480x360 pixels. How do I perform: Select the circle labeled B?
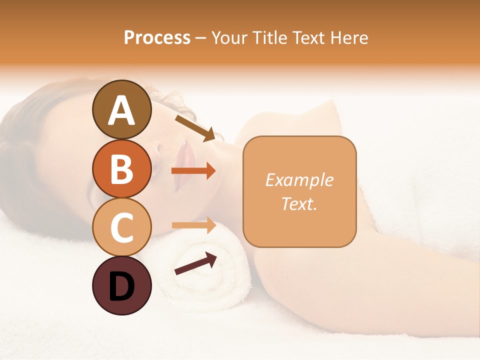[x=122, y=168]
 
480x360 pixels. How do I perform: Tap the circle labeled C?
[x=122, y=227]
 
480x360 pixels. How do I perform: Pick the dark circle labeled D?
[x=122, y=285]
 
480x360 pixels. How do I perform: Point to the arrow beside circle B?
[x=193, y=171]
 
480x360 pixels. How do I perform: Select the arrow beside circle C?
[x=193, y=225]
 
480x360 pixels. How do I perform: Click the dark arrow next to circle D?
[x=195, y=264]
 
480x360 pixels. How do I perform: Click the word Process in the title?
[x=157, y=37]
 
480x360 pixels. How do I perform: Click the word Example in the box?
[x=299, y=180]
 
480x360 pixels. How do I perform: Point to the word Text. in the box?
[x=299, y=203]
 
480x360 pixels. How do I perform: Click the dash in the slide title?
[x=201, y=38]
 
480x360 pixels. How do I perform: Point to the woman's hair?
[x=30, y=150]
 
